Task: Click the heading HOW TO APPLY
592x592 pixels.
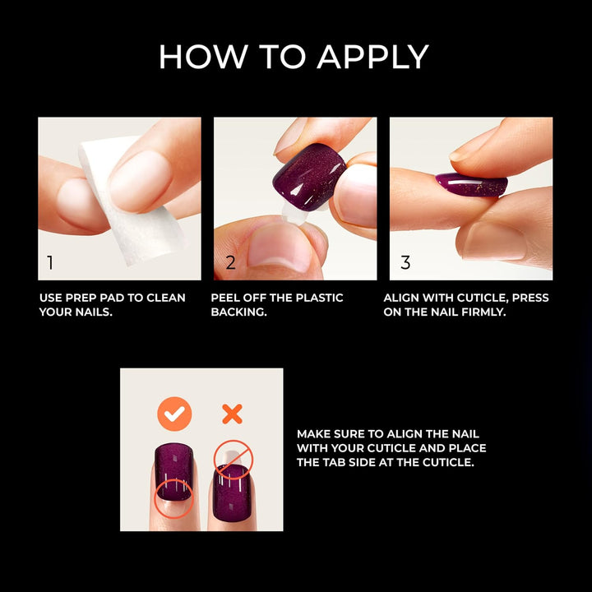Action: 294,57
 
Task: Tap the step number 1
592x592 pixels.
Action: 50,263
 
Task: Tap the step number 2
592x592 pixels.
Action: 230,263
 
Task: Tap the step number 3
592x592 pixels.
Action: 405,263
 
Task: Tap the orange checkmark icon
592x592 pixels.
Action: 173,414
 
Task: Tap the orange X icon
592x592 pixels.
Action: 232,414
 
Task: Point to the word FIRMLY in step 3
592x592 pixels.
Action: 486,312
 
